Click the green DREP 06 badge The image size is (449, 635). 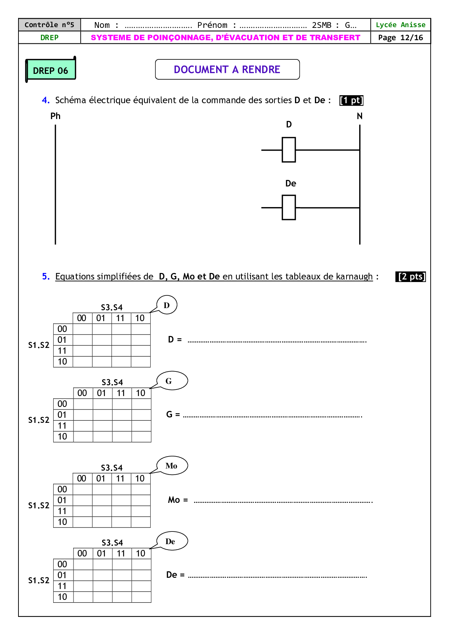click(x=50, y=70)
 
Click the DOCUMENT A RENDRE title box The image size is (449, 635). click(x=227, y=70)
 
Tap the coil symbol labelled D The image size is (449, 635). click(x=289, y=150)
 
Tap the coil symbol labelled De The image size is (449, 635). click(x=289, y=207)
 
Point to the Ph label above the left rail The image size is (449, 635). click(x=55, y=116)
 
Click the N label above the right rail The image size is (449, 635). click(x=360, y=116)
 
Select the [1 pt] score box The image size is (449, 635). click(x=351, y=100)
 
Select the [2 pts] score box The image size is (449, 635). click(x=410, y=277)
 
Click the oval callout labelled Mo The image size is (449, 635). click(x=172, y=466)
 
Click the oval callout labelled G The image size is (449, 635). click(x=172, y=381)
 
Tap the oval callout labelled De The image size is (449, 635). click(x=172, y=541)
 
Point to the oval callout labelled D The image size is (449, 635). click(x=167, y=305)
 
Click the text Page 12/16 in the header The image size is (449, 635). click(x=400, y=38)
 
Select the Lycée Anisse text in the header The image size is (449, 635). click(x=400, y=25)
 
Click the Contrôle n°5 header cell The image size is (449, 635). click(x=49, y=25)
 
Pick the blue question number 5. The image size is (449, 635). click(x=46, y=277)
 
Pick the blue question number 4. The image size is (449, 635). click(x=46, y=100)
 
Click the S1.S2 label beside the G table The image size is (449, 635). click(x=39, y=420)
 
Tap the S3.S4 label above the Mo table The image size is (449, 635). click(x=112, y=468)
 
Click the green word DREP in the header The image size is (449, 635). click(x=49, y=38)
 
